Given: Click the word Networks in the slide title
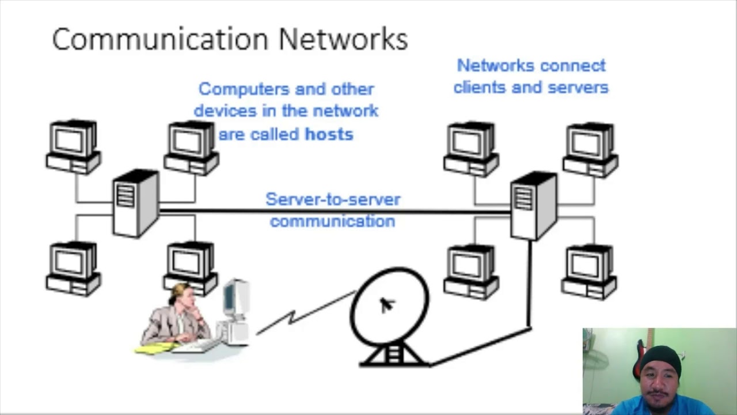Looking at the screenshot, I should [343, 39].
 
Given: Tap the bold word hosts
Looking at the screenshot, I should [329, 134].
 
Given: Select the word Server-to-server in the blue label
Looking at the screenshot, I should [333, 199].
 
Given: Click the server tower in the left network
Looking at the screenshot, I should [135, 203].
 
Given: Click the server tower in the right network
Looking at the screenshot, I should [534, 205].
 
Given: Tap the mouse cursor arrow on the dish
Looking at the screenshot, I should [386, 305].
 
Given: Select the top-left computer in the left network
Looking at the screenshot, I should [74, 146].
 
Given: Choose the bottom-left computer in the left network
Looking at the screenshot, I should [74, 269].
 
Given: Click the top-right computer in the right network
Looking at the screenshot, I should [591, 149].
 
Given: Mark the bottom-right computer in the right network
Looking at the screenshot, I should [590, 271].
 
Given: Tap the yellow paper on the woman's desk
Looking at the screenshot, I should [155, 348].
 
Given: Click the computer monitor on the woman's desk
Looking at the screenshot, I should [236, 300].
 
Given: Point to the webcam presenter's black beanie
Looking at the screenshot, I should [660, 359].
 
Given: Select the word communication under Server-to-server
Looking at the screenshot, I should [333, 221].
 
